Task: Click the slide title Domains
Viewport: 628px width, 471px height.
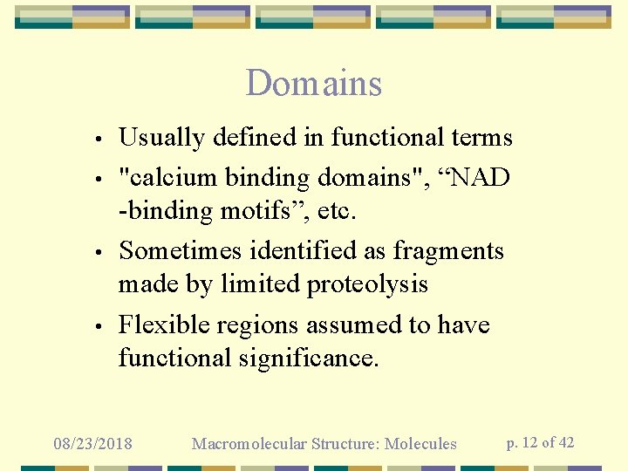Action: click(x=314, y=84)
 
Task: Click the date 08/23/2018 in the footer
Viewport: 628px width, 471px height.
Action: click(x=92, y=444)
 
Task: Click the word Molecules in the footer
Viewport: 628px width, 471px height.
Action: click(x=420, y=444)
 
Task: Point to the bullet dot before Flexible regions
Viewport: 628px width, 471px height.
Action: click(x=101, y=327)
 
